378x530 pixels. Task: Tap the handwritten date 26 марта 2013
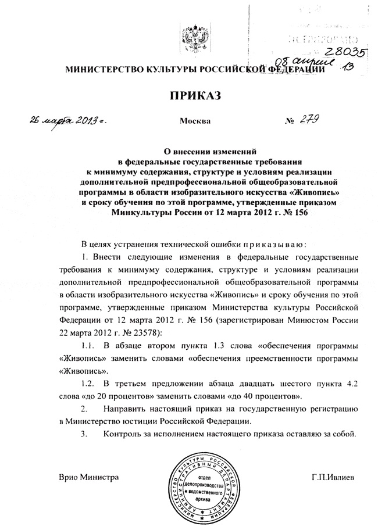[65, 121]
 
